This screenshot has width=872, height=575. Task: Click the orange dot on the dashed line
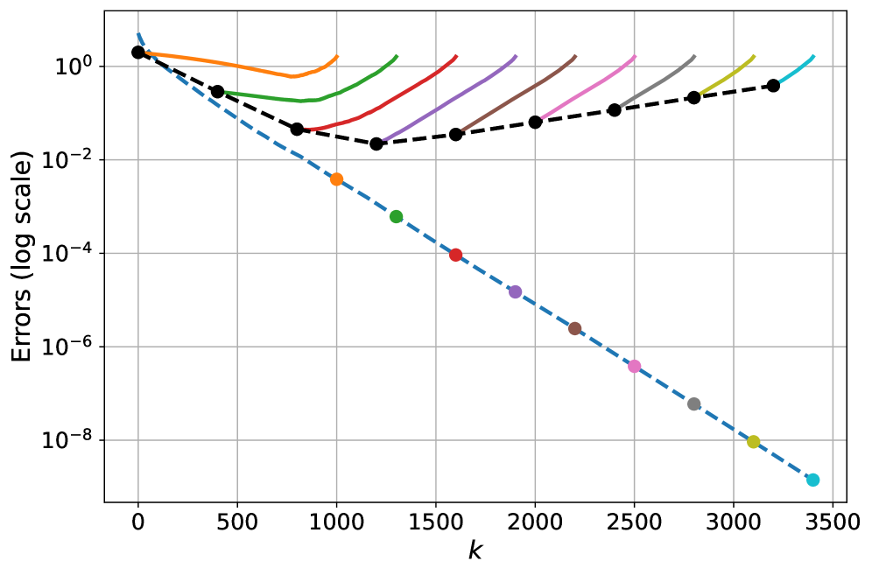[x=336, y=179]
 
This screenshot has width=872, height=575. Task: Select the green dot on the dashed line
[x=396, y=217]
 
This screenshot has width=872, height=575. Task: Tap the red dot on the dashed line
[x=455, y=255]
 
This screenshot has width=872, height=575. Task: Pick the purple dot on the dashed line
[x=515, y=292]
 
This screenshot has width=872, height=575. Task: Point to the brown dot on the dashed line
[x=574, y=329]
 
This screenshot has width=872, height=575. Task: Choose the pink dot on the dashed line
[x=634, y=366]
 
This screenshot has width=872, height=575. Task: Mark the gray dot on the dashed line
[x=693, y=404]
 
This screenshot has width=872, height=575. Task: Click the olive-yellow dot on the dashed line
[x=753, y=442]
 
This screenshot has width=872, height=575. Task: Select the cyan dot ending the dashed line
[x=812, y=480]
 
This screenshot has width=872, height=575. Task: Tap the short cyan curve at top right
[x=798, y=69]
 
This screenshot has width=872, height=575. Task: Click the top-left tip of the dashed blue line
[x=137, y=33]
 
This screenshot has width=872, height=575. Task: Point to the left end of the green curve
[x=226, y=92]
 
